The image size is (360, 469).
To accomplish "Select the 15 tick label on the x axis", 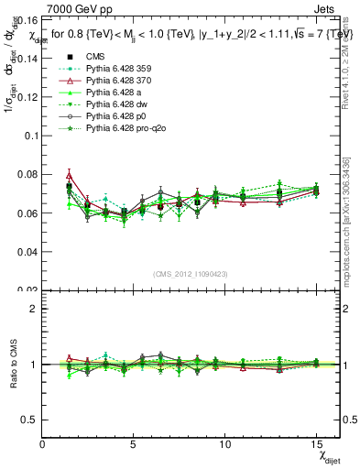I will click(316, 444).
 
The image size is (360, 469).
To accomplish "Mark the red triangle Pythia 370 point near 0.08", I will click(70, 175).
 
